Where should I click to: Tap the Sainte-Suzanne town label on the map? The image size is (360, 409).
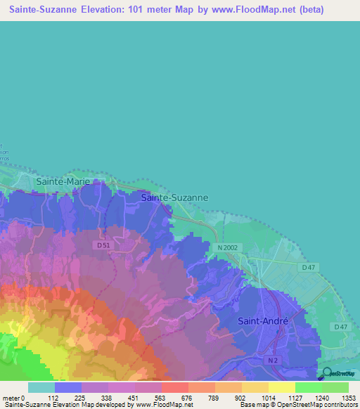pyautogui.click(x=174, y=198)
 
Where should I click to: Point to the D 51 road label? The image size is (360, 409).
pyautogui.click(x=103, y=244)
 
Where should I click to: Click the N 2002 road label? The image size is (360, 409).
pyautogui.click(x=229, y=248)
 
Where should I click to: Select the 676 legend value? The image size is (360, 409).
pyautogui.click(x=187, y=397)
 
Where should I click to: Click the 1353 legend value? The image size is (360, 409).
pyautogui.click(x=347, y=397)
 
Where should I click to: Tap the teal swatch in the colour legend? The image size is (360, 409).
pyautogui.click(x=41, y=387)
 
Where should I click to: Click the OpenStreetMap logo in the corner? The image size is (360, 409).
pyautogui.click(x=338, y=374)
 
